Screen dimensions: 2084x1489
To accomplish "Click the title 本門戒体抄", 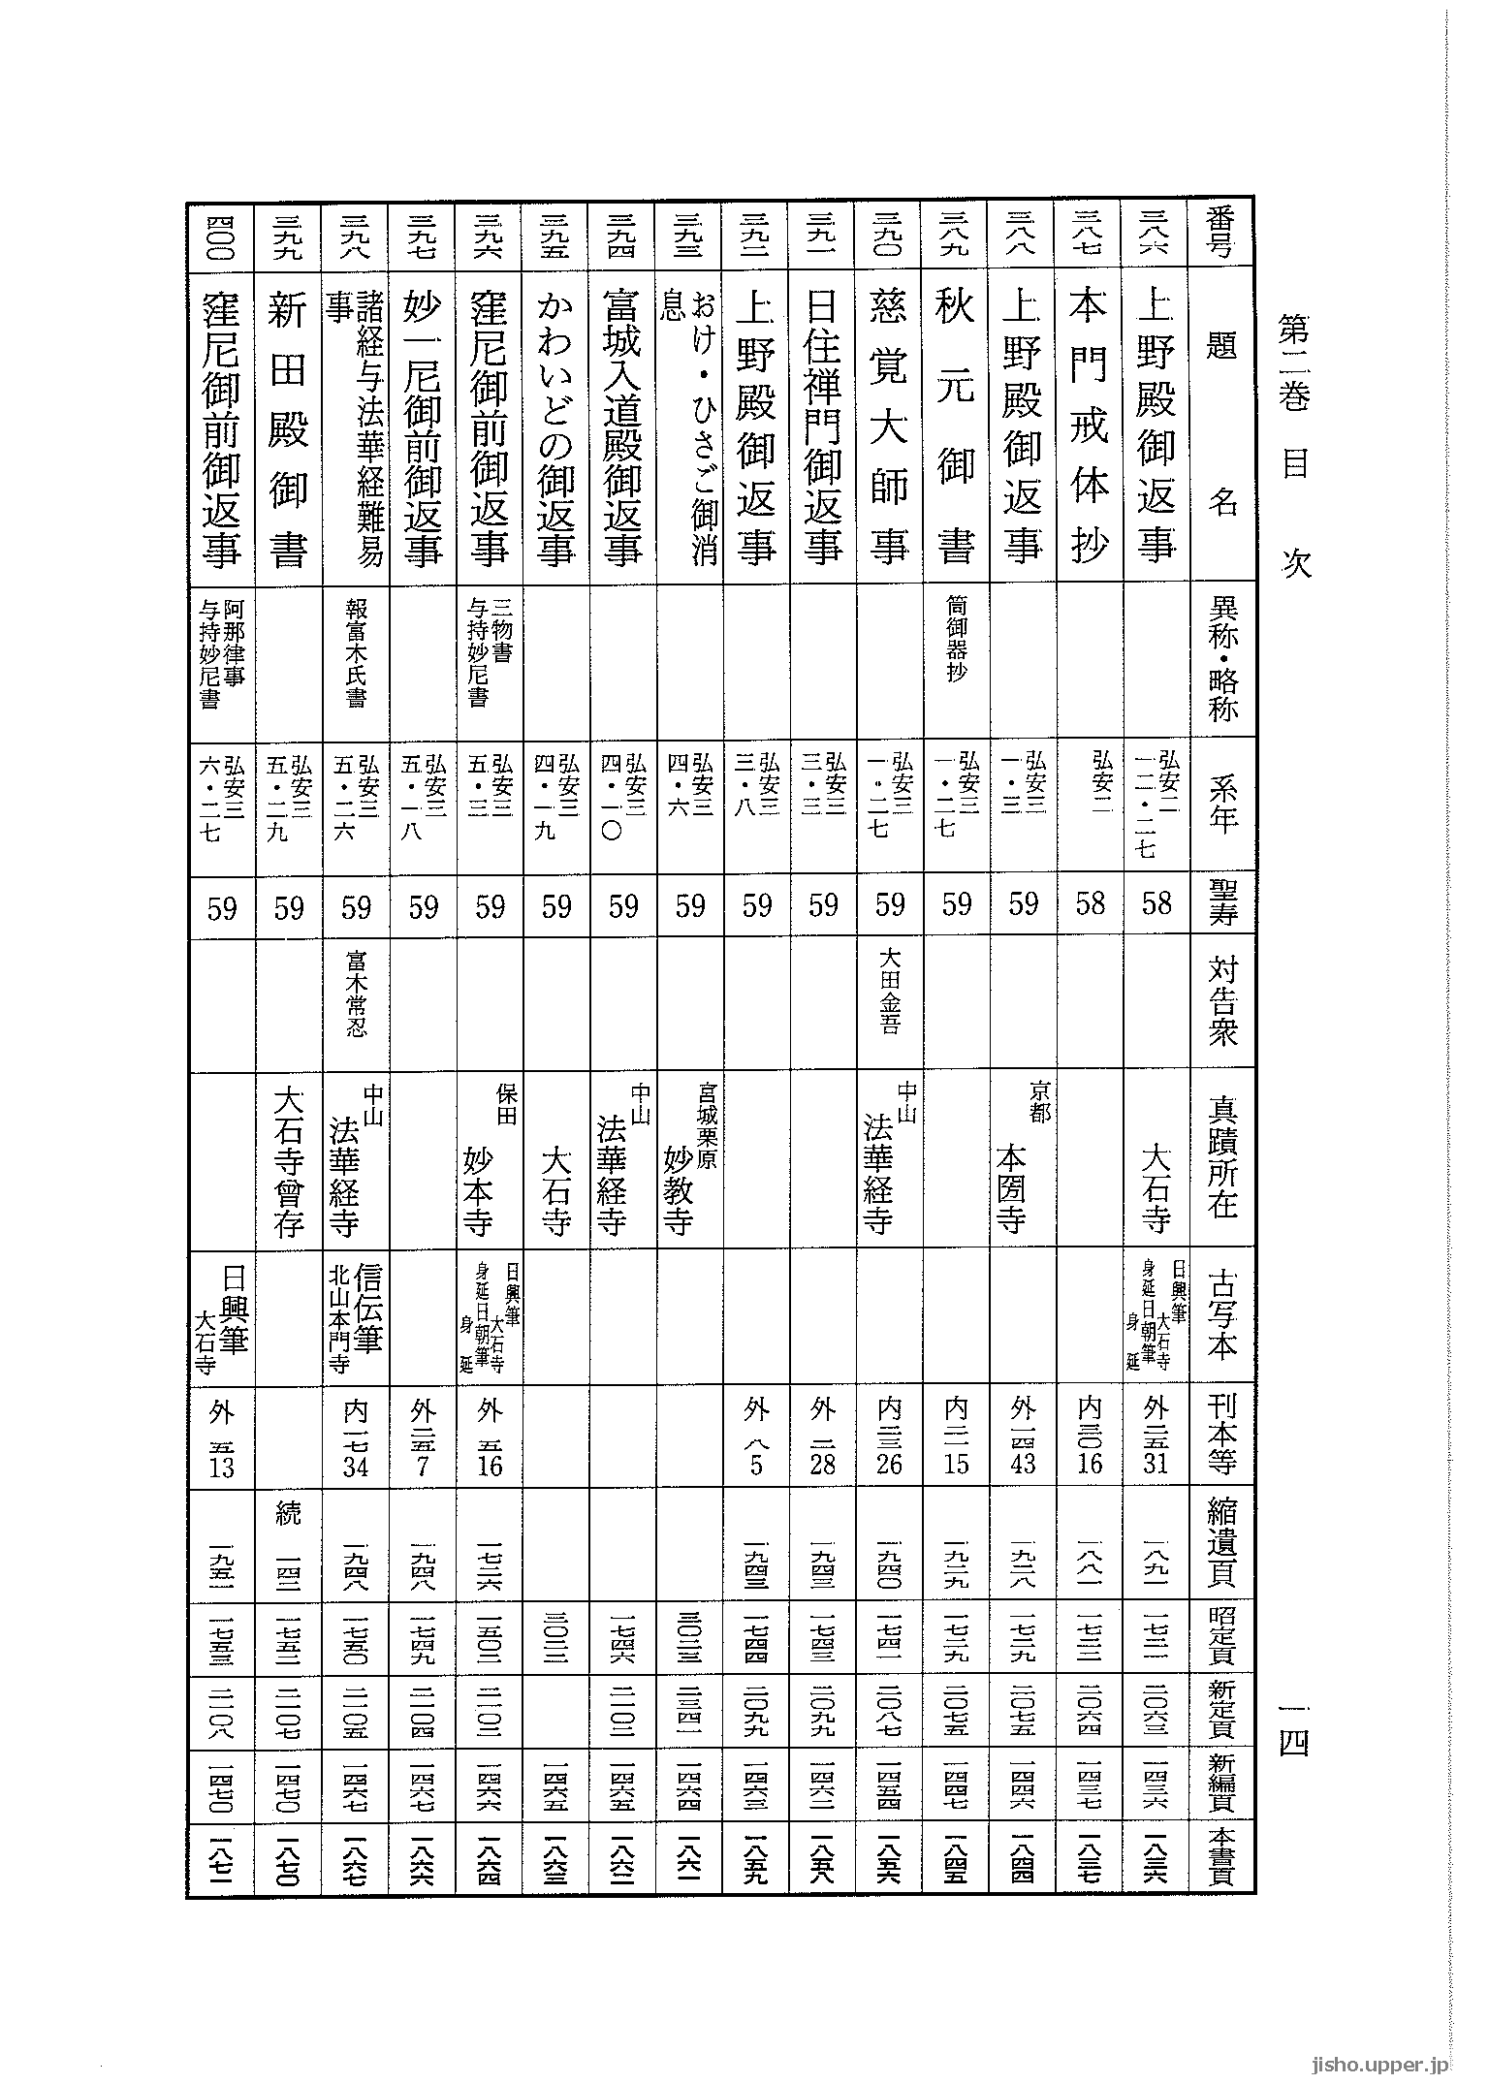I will pyautogui.click(x=1089, y=426).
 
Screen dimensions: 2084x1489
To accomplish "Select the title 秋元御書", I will pyautogui.click(x=956, y=426).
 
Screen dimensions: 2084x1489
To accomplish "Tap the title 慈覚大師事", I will pyautogui.click(x=889, y=426).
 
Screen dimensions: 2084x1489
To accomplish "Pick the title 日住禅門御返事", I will pyautogui.click(x=822, y=426).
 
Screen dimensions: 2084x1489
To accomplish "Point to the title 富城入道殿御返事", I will pyautogui.click(x=622, y=426).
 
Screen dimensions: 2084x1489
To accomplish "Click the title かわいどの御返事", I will pyautogui.click(x=556, y=426).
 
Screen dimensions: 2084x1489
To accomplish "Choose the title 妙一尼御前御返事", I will pyautogui.click(x=423, y=426).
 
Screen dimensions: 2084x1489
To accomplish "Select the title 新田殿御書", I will pyautogui.click(x=289, y=426).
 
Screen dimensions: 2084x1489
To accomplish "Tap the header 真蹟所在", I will pyautogui.click(x=1222, y=1157).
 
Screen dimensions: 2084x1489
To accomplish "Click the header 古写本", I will pyautogui.click(x=1222, y=1318).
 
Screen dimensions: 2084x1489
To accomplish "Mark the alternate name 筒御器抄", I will pyautogui.click(x=956, y=640).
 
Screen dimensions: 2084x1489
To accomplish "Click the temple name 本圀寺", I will pyautogui.click(x=1012, y=1178).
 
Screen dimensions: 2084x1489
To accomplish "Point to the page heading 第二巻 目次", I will pyautogui.click(x=1295, y=446).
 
